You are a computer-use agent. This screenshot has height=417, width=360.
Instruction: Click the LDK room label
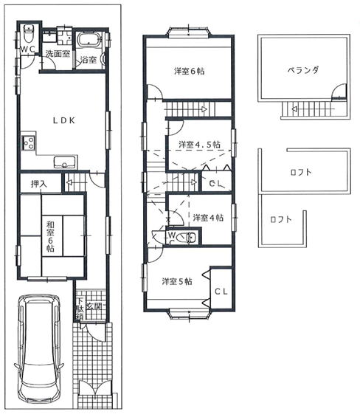(63, 121)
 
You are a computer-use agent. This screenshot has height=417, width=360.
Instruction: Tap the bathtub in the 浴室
(89, 40)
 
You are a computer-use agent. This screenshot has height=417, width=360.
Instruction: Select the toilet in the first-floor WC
(28, 33)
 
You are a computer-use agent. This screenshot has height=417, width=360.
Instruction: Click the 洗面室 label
(58, 54)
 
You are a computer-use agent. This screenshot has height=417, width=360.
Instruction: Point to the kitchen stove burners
(29, 142)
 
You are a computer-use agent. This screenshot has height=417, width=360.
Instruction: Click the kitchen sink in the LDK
(65, 162)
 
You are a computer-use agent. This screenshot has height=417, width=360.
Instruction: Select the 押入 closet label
(39, 184)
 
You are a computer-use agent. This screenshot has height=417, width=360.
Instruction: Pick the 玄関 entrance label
(94, 306)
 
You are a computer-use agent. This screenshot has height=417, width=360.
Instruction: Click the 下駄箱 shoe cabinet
(80, 309)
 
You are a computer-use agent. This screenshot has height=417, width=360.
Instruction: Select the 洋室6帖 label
(190, 72)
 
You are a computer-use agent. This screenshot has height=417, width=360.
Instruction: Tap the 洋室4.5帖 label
(199, 145)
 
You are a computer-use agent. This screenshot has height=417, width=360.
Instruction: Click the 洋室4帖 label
(208, 218)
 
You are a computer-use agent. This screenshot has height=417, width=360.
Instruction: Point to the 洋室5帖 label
(177, 281)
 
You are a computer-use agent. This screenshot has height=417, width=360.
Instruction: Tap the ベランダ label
(303, 70)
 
